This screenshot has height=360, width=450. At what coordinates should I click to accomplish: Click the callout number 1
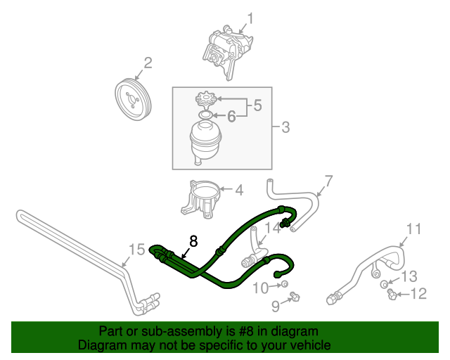[250, 19]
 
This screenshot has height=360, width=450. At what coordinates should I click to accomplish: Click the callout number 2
[148, 65]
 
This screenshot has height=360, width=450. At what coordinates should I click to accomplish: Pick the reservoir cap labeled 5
[206, 98]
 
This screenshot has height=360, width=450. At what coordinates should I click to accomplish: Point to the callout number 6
[231, 116]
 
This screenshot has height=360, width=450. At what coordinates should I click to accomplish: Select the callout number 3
[285, 128]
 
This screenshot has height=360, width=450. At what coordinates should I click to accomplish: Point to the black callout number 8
[193, 241]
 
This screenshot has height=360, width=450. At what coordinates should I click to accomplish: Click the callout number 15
[136, 247]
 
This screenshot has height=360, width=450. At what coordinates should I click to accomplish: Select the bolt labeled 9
[295, 298]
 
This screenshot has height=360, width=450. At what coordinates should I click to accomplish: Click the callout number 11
[414, 229]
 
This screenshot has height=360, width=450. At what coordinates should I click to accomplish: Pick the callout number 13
[409, 275]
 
